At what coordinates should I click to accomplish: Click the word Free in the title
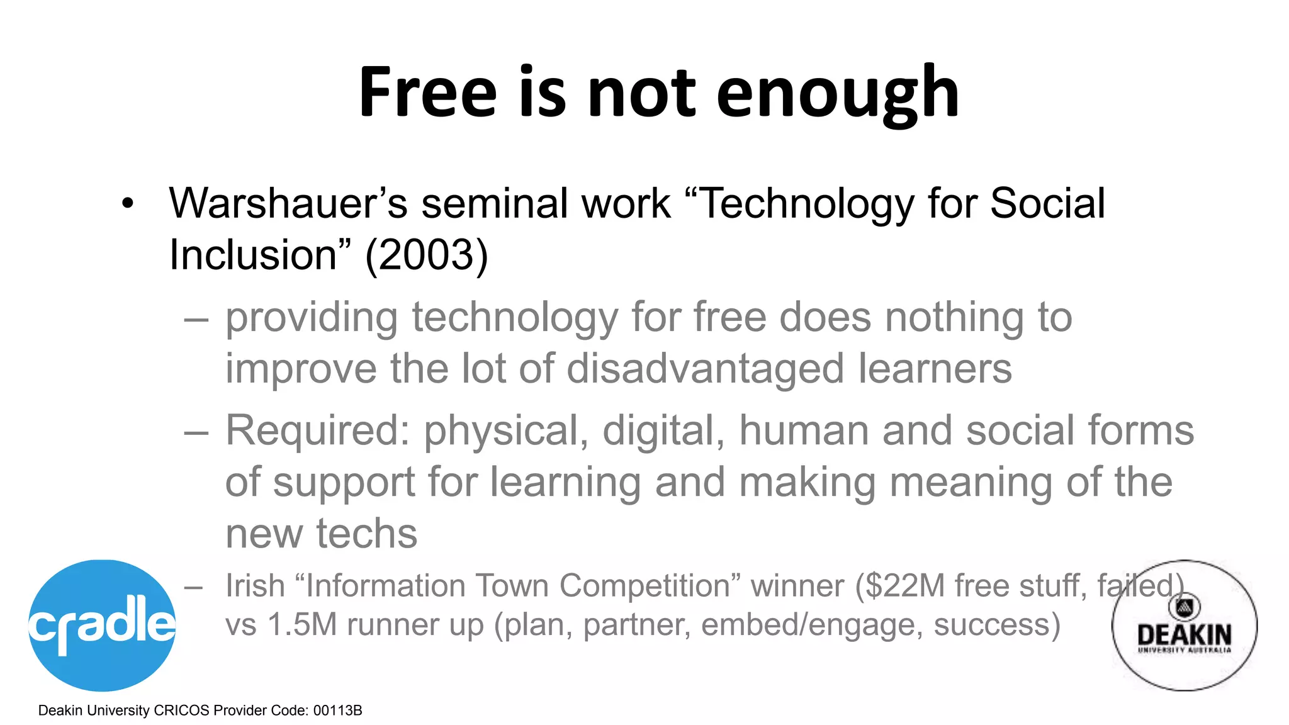coord(428,93)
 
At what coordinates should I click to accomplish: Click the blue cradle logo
coord(102,625)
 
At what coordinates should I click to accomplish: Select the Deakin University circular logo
coord(1184,626)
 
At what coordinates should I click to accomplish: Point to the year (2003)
coord(426,255)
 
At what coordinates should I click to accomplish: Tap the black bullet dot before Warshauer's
coord(128,203)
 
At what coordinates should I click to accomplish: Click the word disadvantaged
coord(706,368)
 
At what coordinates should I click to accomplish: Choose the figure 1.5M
coord(303,624)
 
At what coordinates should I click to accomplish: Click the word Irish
coord(255,585)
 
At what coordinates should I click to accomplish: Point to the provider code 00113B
coord(337,711)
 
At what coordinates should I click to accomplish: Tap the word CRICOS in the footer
coord(181,711)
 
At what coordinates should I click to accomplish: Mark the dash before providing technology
coord(196,320)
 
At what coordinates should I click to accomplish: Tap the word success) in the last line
coord(997,624)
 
